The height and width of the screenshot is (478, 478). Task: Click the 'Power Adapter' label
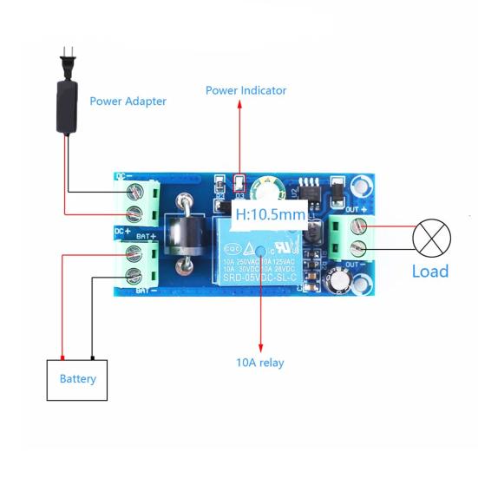[128, 101]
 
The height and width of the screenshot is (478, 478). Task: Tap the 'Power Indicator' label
[246, 90]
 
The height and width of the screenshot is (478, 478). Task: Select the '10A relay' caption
[259, 362]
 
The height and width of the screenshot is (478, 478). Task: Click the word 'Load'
[429, 271]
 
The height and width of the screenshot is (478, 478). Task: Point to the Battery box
[77, 379]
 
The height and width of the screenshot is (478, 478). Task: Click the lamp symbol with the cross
[431, 236]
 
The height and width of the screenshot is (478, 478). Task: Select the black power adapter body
[65, 108]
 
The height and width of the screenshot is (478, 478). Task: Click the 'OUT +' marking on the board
[355, 209]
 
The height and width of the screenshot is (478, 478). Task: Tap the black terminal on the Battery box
[92, 357]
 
